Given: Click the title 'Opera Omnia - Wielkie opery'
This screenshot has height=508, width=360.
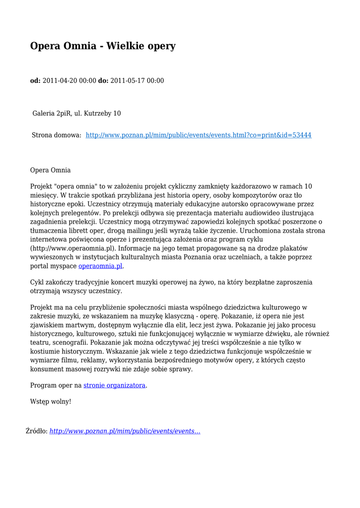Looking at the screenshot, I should [103, 46].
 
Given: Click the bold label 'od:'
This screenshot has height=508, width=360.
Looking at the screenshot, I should [36, 81].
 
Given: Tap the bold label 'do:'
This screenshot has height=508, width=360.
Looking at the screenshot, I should [103, 81].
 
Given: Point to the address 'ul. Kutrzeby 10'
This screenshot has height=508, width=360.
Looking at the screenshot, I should [98, 113].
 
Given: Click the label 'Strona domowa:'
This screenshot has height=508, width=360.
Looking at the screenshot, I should [57, 135].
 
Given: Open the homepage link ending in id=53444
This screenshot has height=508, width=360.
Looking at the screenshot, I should [199, 135].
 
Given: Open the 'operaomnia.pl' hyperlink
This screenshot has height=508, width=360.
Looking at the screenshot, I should [100, 266].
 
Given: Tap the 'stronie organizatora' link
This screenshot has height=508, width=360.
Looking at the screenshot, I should [115, 385].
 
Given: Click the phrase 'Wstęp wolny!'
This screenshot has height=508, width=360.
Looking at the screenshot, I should [51, 401].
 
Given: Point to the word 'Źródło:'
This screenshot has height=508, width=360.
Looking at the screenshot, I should [37, 431].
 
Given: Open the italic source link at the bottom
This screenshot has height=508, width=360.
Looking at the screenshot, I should [125, 431].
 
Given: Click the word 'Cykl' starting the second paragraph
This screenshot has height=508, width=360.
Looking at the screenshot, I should [37, 282].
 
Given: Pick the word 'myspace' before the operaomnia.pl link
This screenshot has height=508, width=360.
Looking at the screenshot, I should [65, 266].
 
